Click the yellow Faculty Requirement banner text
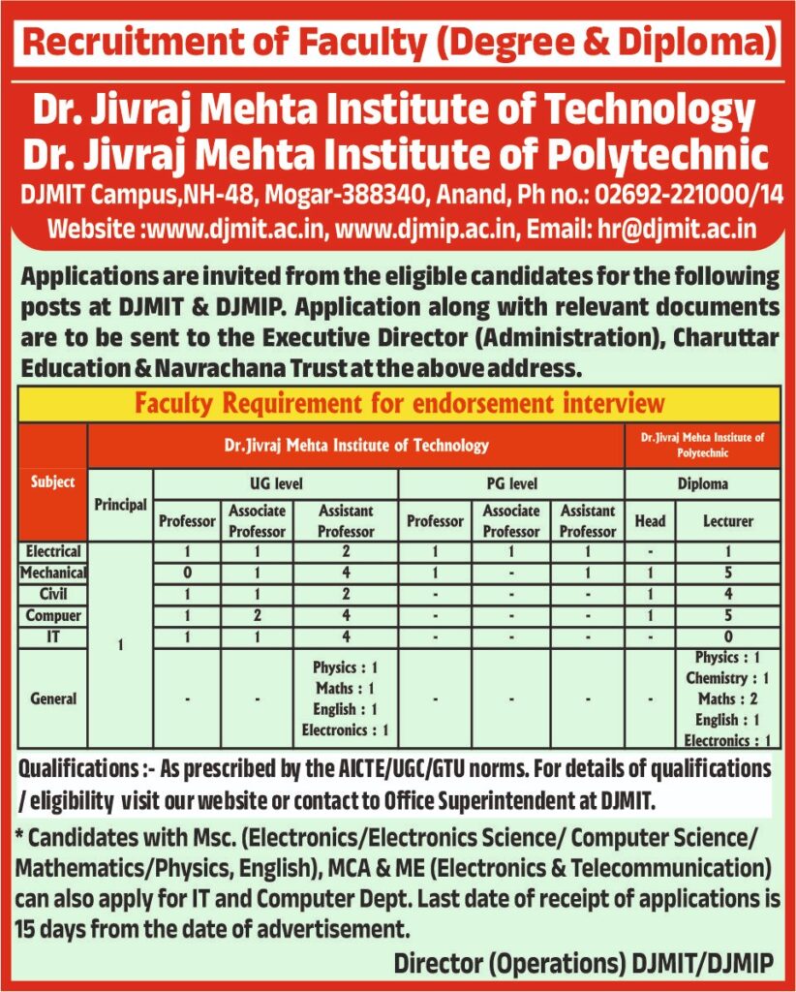(399, 402)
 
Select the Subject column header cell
(52, 481)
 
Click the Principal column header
(120, 505)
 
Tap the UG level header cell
(275, 482)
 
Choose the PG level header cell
(510, 482)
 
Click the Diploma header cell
(702, 482)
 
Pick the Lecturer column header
(727, 520)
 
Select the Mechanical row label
(53, 573)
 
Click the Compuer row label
(53, 615)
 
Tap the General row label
(53, 697)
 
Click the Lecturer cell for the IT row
(727, 636)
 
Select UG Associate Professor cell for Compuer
(257, 615)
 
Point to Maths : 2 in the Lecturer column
(727, 698)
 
